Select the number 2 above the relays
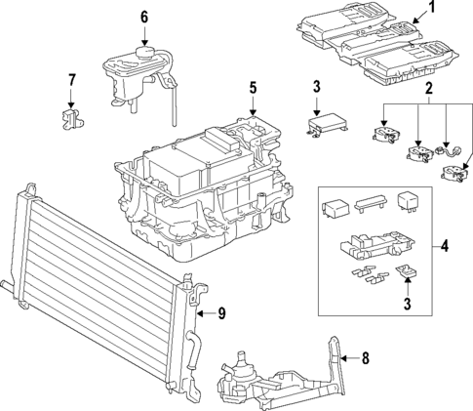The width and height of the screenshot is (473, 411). click(x=426, y=90)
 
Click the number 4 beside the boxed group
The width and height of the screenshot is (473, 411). click(x=445, y=246)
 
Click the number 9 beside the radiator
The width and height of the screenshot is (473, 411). click(x=220, y=313)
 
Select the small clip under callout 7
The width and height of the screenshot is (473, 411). click(x=70, y=119)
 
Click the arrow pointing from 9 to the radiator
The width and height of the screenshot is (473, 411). click(x=203, y=313)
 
